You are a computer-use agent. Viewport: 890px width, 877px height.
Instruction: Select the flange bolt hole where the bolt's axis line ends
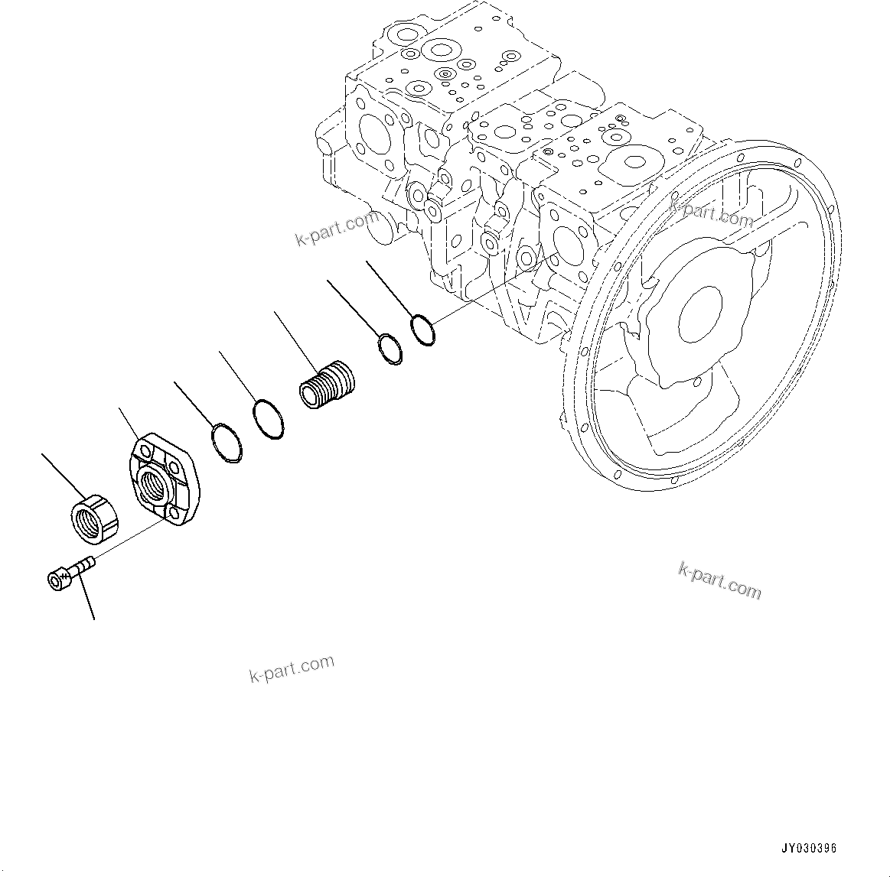[x=174, y=518]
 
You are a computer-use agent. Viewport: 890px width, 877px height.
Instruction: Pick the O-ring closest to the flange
[x=226, y=443]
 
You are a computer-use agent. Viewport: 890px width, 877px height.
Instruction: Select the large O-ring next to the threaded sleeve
[x=268, y=420]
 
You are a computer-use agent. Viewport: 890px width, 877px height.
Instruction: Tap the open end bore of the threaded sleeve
[x=311, y=395]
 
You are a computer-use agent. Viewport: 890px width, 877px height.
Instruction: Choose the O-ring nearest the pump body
[x=422, y=329]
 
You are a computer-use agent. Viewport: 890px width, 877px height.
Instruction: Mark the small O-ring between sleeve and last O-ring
[x=390, y=349]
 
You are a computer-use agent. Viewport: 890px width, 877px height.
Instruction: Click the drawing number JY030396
[x=809, y=848]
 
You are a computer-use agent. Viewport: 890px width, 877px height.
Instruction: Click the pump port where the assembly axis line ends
[x=566, y=245]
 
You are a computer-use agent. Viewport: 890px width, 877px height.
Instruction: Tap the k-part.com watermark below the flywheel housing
[x=720, y=580]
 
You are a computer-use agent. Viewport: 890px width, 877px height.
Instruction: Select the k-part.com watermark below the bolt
[x=292, y=669]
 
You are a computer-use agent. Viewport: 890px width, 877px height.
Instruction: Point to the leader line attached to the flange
[x=127, y=424]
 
